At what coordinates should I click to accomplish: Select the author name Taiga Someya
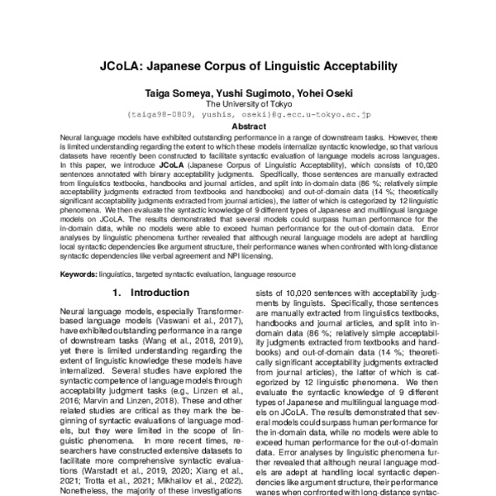(177, 93)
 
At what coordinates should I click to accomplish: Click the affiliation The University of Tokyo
(247, 104)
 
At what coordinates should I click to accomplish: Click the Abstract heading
(248, 126)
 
